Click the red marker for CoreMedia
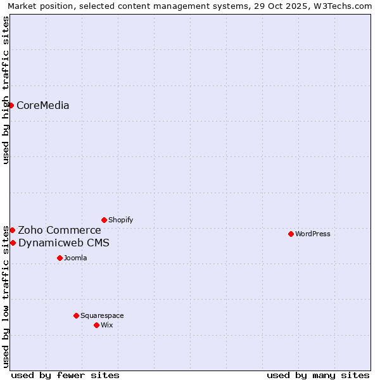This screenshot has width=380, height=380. click(11, 105)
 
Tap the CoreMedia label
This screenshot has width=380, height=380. click(42, 106)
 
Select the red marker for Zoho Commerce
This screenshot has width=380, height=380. click(12, 230)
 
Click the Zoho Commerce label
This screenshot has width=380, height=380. click(59, 231)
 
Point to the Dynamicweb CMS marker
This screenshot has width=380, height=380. click(13, 243)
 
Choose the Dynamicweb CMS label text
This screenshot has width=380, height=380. click(63, 243)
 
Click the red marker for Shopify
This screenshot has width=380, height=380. click(104, 220)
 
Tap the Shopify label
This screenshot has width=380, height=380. click(120, 220)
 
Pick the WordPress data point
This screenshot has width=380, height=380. click(291, 234)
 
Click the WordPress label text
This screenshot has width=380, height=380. click(312, 234)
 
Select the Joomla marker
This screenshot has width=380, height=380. click(60, 258)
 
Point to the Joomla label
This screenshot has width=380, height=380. click(75, 258)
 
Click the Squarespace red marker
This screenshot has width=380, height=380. click(76, 315)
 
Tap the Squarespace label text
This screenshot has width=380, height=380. click(102, 316)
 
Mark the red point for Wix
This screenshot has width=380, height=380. click(96, 325)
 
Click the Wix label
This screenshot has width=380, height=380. click(106, 326)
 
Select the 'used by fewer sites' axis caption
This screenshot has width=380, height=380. click(65, 375)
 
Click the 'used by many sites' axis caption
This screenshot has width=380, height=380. click(318, 375)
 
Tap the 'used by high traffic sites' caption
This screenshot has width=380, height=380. click(6, 90)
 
